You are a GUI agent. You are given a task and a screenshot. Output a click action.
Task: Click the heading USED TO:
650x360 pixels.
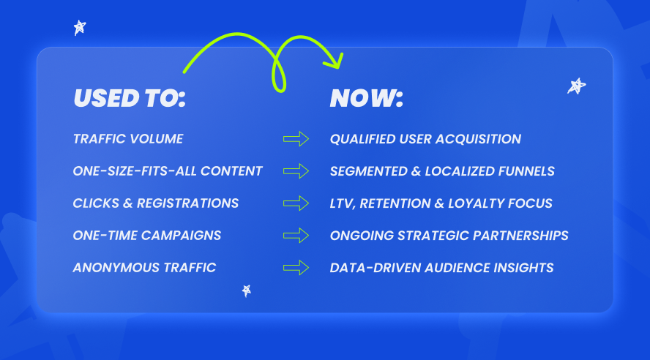point(130,98)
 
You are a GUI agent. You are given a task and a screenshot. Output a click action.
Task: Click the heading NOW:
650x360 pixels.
point(367,98)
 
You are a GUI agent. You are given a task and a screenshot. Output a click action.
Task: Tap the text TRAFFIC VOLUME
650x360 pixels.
point(128,139)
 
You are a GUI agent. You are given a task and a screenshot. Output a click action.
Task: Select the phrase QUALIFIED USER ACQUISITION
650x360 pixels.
point(425,139)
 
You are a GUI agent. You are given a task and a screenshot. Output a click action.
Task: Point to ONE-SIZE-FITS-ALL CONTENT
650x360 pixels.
point(168,171)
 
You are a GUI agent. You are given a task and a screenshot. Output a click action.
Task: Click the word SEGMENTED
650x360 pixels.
point(368,171)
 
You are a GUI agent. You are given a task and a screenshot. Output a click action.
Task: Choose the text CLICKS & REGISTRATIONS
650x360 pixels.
point(156,203)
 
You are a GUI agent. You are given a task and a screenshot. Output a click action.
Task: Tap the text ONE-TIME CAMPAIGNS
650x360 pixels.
point(147,236)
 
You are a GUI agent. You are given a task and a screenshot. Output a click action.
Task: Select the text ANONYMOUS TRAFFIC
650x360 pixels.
point(144,268)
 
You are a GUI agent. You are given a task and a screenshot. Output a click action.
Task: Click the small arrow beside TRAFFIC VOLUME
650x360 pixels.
point(296,139)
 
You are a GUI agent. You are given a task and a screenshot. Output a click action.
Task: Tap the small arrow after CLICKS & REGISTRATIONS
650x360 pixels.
point(296,203)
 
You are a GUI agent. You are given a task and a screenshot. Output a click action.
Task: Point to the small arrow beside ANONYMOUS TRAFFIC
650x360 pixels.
point(296,268)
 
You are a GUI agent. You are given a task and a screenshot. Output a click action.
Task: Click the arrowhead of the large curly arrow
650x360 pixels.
point(335,61)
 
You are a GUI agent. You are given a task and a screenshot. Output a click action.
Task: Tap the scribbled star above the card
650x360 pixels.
point(80,28)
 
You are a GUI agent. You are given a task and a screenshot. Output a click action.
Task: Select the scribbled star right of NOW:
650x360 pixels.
point(576,86)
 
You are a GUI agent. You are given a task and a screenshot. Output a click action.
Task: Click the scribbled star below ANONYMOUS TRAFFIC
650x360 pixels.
point(247,290)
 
